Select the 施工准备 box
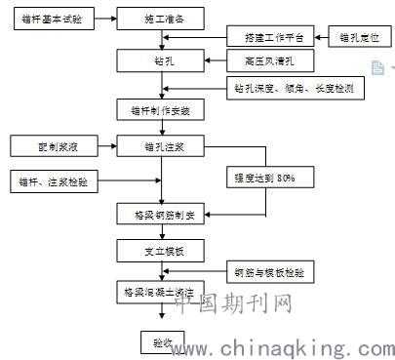pyautogui.click(x=165, y=19)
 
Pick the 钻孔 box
pyautogui.click(x=164, y=60)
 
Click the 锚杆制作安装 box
pyautogui.click(x=165, y=110)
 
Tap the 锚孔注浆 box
pyautogui.click(x=165, y=147)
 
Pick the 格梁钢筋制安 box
pyautogui.click(x=165, y=215)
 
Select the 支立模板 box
pyautogui.click(x=165, y=252)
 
